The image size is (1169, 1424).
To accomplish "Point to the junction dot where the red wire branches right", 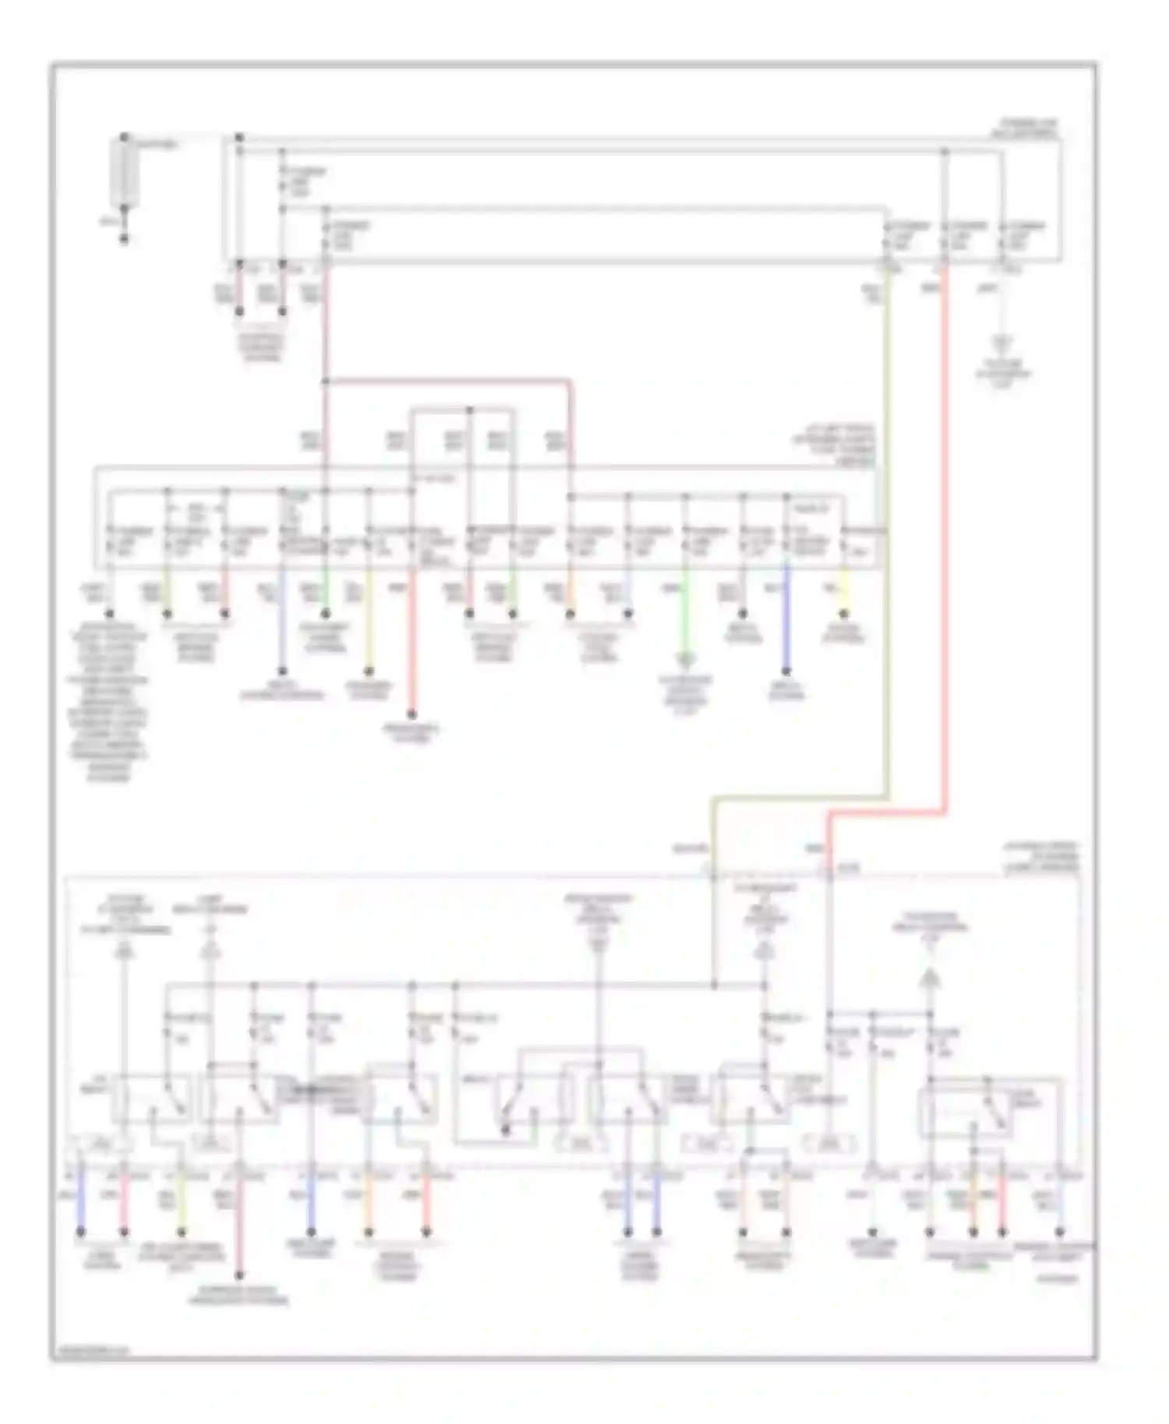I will pyautogui.click(x=326, y=382).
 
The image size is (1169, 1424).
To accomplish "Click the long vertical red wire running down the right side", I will pyautogui.click(x=945, y=545).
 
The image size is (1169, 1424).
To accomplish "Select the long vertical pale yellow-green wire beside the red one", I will pyautogui.click(x=887, y=545).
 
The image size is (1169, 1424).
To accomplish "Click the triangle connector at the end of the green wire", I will pyautogui.click(x=686, y=662).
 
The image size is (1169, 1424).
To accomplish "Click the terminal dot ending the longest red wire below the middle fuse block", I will pyautogui.click(x=412, y=714).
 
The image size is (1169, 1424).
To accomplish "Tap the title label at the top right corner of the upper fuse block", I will pyautogui.click(x=1029, y=129).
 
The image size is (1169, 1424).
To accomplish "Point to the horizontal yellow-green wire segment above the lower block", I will pyautogui.click(x=799, y=798).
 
